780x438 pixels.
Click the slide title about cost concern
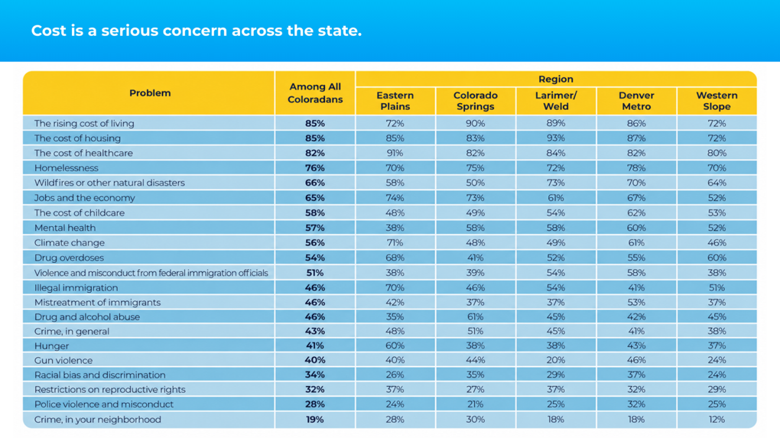click(x=197, y=31)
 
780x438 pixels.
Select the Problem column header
click(x=150, y=93)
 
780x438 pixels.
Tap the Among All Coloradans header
click(x=315, y=93)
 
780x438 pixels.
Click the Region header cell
click(x=556, y=79)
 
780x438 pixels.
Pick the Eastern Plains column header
click(x=395, y=101)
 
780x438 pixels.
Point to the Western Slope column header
click(x=717, y=101)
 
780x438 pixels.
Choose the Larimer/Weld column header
click(x=556, y=101)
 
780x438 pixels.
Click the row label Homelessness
click(x=67, y=168)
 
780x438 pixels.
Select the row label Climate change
click(x=70, y=242)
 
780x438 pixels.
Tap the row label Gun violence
click(x=63, y=361)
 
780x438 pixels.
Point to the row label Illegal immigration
click(x=76, y=287)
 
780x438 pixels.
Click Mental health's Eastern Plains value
click(x=395, y=228)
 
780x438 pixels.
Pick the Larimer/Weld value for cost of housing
click(x=556, y=138)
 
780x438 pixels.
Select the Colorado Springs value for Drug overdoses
click(x=475, y=258)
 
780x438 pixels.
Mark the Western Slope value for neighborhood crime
click(x=717, y=420)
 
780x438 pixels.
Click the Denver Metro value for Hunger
click(x=636, y=346)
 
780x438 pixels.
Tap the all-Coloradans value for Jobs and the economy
click(x=315, y=198)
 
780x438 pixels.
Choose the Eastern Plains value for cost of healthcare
click(x=395, y=153)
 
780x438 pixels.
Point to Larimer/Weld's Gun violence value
click(x=556, y=360)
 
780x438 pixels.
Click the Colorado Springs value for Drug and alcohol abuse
click(x=475, y=316)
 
